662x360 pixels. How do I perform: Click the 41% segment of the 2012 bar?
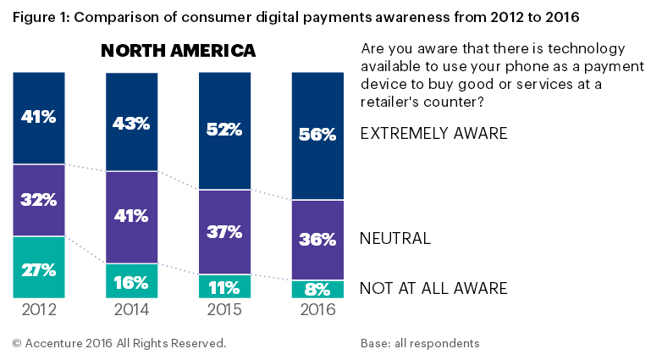coord(39,118)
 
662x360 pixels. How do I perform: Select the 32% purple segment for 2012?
coord(39,200)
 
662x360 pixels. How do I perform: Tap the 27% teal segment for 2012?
coord(39,268)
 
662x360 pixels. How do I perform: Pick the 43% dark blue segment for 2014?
coord(131,122)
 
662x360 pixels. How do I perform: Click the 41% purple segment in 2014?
coord(131,217)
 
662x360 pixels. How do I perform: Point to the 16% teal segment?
coord(131,280)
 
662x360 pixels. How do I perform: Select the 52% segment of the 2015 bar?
coord(224,130)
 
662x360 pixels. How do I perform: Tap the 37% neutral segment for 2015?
coord(224,232)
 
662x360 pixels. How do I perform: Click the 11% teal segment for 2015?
coord(224,286)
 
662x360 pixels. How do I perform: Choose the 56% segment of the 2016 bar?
coord(317,136)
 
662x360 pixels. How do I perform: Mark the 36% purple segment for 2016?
coord(317,240)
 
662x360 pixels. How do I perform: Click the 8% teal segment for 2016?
coord(317,289)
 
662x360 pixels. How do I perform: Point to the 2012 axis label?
coord(39,310)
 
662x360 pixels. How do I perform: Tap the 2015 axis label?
coord(224,310)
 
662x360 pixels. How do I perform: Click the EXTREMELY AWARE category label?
coord(433,134)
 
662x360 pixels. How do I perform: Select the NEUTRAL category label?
coord(395,238)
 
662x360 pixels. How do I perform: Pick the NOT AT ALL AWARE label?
coord(433,289)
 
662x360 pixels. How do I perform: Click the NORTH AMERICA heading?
coord(178,51)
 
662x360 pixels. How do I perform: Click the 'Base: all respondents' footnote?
coord(420,343)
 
